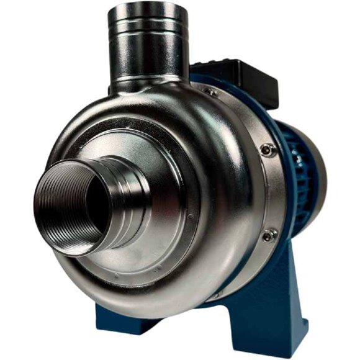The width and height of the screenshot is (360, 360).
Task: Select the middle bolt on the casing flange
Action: [x=268, y=150]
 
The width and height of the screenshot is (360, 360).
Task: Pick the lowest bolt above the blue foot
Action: [x=268, y=235]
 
